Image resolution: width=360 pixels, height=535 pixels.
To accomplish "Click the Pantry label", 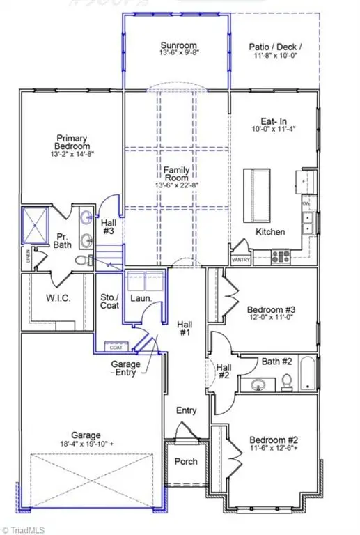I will pos(240,259).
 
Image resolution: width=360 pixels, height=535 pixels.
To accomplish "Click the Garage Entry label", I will pos(125,369).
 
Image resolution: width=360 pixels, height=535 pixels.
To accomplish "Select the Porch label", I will pos(185,461).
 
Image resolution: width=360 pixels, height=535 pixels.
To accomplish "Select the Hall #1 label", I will pos(185,328).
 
